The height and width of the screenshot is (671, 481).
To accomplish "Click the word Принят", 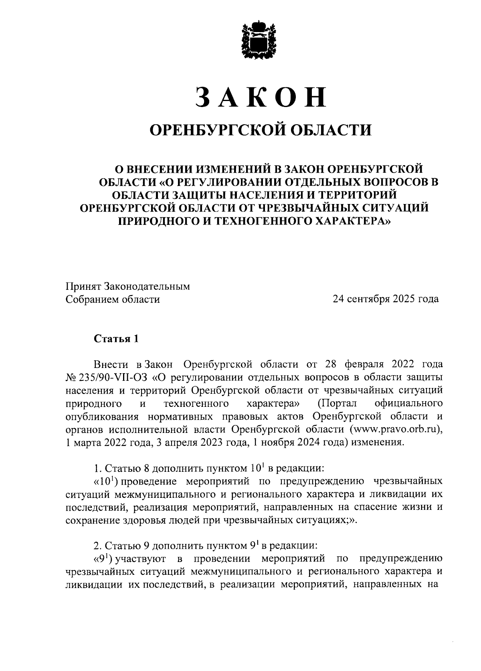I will pyautogui.click(x=83, y=287).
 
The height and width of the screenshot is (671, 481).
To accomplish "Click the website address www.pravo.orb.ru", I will pyautogui.click(x=395, y=428).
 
